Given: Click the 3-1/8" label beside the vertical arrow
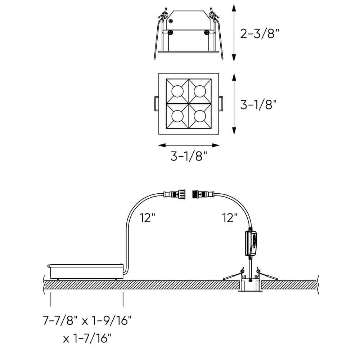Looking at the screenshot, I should click(x=258, y=104).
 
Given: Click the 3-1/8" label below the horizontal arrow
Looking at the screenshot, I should click(x=189, y=156).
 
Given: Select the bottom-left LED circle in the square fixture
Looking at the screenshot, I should click(x=177, y=116).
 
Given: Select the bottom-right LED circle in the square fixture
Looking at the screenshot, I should click(x=200, y=116).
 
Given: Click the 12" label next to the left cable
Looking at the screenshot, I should click(x=148, y=218).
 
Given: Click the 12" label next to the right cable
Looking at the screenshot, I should click(x=230, y=218).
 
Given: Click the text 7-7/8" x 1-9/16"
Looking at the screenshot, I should click(x=86, y=320).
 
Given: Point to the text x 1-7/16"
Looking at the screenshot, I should click(x=87, y=338).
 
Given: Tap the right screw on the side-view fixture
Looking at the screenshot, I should click(x=206, y=33).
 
